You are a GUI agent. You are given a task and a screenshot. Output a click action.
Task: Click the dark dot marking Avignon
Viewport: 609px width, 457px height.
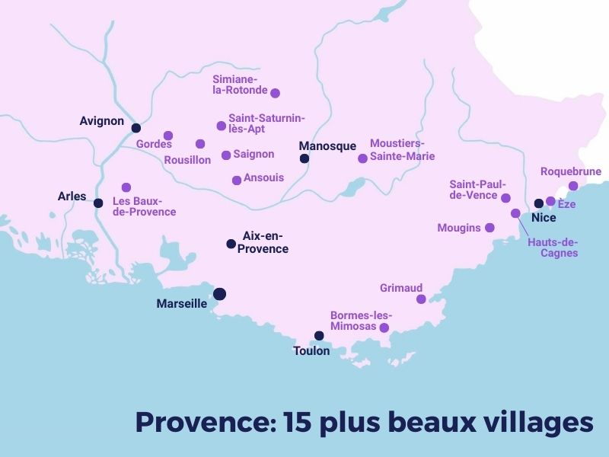click(136, 128)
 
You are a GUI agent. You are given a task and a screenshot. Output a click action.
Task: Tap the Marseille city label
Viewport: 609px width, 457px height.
click(181, 303)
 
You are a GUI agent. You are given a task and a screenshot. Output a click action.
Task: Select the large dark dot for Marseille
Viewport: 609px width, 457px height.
click(219, 294)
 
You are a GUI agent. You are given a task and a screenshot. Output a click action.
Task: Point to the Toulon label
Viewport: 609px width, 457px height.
click(311, 351)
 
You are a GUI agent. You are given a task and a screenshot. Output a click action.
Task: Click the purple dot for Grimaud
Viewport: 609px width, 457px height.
click(421, 299)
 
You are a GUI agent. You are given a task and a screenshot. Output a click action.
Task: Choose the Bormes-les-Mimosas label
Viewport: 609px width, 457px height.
click(361, 321)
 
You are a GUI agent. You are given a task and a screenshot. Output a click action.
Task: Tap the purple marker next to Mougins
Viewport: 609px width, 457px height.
click(489, 228)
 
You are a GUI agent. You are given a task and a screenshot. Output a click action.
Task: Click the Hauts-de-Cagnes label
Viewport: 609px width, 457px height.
click(552, 248)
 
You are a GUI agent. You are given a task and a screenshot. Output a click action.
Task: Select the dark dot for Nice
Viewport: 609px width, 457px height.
click(538, 203)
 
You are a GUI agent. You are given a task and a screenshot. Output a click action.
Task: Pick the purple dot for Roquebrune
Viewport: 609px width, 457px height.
click(573, 186)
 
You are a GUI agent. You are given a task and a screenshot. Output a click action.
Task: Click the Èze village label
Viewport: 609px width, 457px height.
click(566, 204)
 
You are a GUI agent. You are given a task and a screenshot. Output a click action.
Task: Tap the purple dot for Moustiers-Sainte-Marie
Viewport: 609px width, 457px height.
click(362, 158)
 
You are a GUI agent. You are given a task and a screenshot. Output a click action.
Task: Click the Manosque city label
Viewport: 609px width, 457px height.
click(327, 146)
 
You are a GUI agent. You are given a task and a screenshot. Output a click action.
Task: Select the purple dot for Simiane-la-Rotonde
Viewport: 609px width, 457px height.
click(276, 93)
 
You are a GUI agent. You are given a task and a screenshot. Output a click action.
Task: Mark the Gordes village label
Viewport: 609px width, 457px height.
click(154, 144)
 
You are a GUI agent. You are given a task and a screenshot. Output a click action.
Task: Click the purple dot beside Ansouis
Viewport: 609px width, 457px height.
click(237, 181)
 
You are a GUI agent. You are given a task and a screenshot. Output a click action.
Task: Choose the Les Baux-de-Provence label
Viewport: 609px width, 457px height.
click(144, 206)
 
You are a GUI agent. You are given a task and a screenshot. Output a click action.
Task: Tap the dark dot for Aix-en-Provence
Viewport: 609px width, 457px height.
click(231, 244)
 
